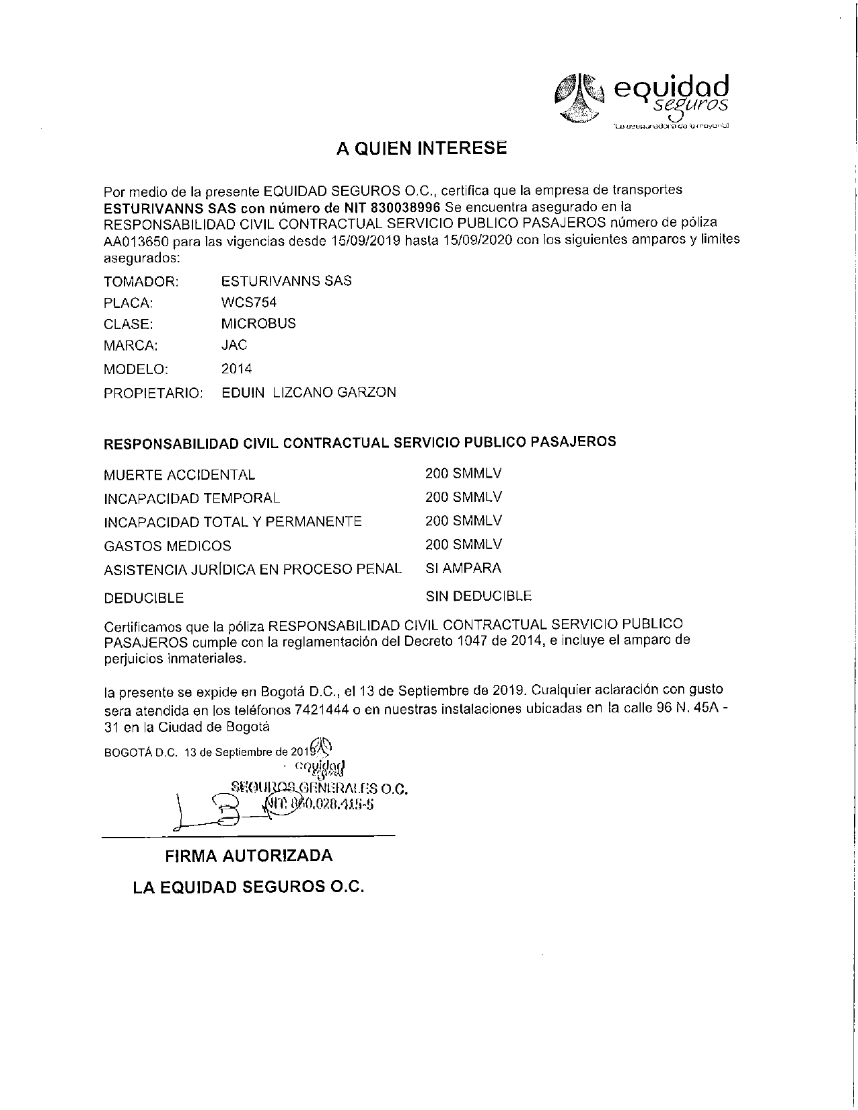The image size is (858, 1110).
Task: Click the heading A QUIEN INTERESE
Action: coord(421,149)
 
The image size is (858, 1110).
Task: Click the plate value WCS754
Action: coord(248,302)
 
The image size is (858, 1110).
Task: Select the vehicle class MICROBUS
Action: coord(258,324)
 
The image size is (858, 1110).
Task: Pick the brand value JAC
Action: coord(234,345)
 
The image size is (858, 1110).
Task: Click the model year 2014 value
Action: coord(236,369)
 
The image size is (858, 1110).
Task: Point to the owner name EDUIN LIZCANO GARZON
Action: coord(309,392)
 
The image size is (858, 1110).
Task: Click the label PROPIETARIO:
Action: coord(153,393)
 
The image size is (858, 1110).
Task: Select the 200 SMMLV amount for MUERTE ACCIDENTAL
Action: coord(463,474)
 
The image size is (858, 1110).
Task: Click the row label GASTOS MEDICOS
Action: coord(167,546)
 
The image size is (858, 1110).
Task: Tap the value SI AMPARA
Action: coord(464,568)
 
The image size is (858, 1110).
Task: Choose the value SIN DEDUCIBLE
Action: coord(478,596)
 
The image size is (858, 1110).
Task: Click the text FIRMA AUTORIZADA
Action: coord(249,856)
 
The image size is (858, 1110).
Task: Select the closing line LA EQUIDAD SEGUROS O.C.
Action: coord(248,887)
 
